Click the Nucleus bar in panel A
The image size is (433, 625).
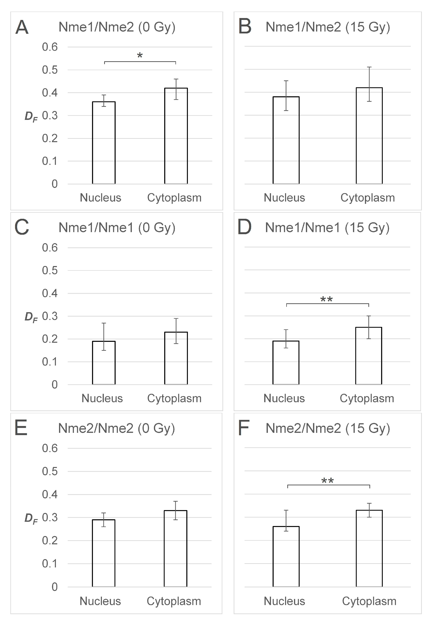pos(104,143)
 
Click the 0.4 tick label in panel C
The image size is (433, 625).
pos(50,293)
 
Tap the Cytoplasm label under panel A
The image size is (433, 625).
pos(174,198)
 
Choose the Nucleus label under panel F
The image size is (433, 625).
pos(284,601)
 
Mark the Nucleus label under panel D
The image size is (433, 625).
pos(284,398)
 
